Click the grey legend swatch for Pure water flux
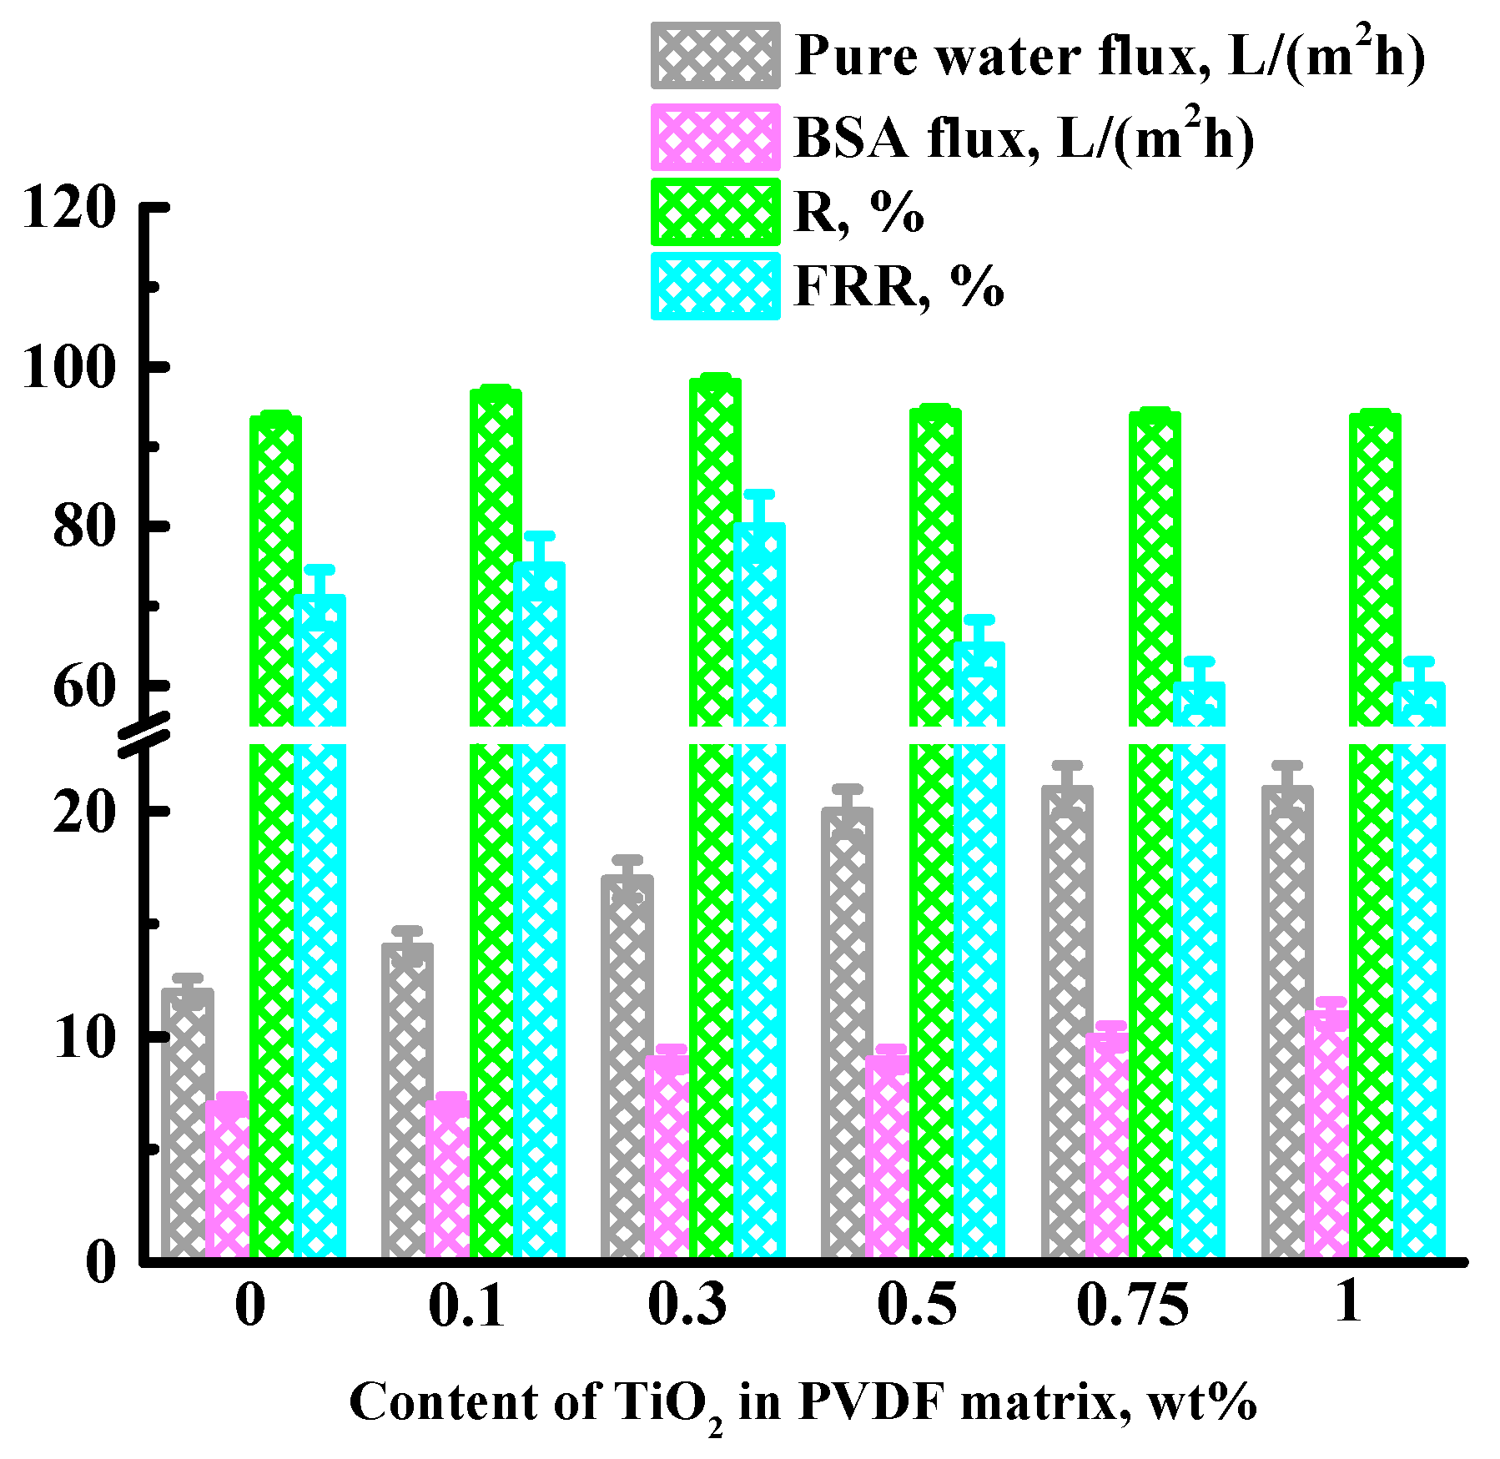pyautogui.click(x=715, y=56)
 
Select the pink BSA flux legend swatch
pyautogui.click(x=715, y=137)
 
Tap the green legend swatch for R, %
pyautogui.click(x=715, y=211)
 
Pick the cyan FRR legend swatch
pyautogui.click(x=715, y=286)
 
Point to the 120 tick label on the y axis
pyautogui.click(x=68, y=207)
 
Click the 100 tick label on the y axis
pyautogui.click(x=68, y=367)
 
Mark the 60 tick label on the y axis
pyautogui.click(x=83, y=687)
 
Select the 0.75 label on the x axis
pyautogui.click(x=1132, y=1306)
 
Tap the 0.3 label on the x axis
pyautogui.click(x=687, y=1306)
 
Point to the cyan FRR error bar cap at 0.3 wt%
pyautogui.click(x=759, y=494)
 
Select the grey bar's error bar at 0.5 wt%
pyautogui.click(x=847, y=797)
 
